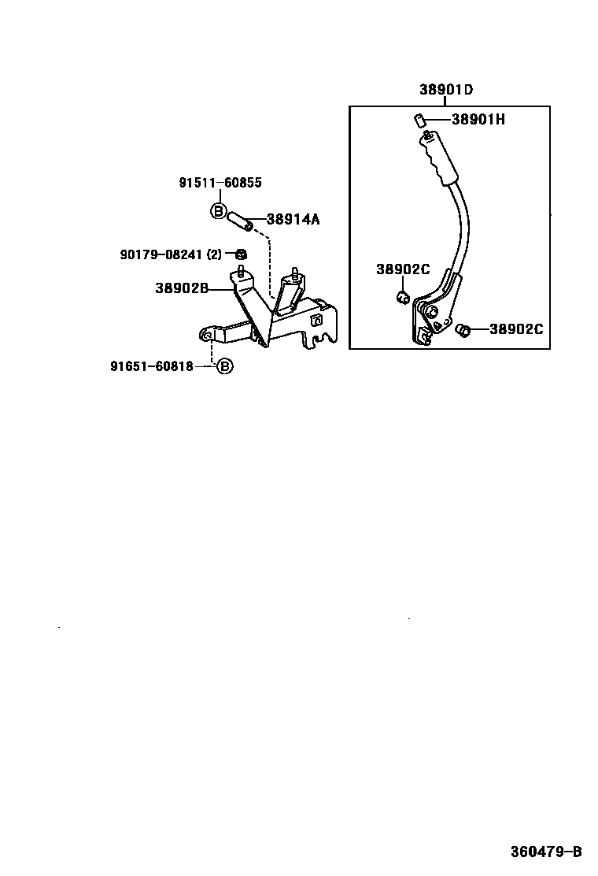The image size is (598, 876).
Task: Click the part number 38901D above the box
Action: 445,90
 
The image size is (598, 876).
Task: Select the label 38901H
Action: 478,120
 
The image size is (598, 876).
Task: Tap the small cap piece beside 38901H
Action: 419,120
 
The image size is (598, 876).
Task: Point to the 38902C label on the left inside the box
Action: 402,269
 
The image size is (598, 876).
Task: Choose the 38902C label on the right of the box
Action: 515,329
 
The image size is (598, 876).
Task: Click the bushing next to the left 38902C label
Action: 401,297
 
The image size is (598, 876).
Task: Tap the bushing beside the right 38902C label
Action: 463,330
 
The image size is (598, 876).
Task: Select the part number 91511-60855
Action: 220,183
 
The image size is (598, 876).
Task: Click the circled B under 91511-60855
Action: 219,210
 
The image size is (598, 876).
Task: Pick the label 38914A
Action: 293,220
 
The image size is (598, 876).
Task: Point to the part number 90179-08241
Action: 161,254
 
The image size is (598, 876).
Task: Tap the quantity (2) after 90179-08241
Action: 215,254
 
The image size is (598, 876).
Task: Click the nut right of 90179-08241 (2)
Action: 241,254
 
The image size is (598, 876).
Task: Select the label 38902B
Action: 181,288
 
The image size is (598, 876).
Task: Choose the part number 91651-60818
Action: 152,366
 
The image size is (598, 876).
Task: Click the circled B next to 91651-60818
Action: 224,366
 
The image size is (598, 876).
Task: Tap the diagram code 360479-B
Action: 545,852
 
